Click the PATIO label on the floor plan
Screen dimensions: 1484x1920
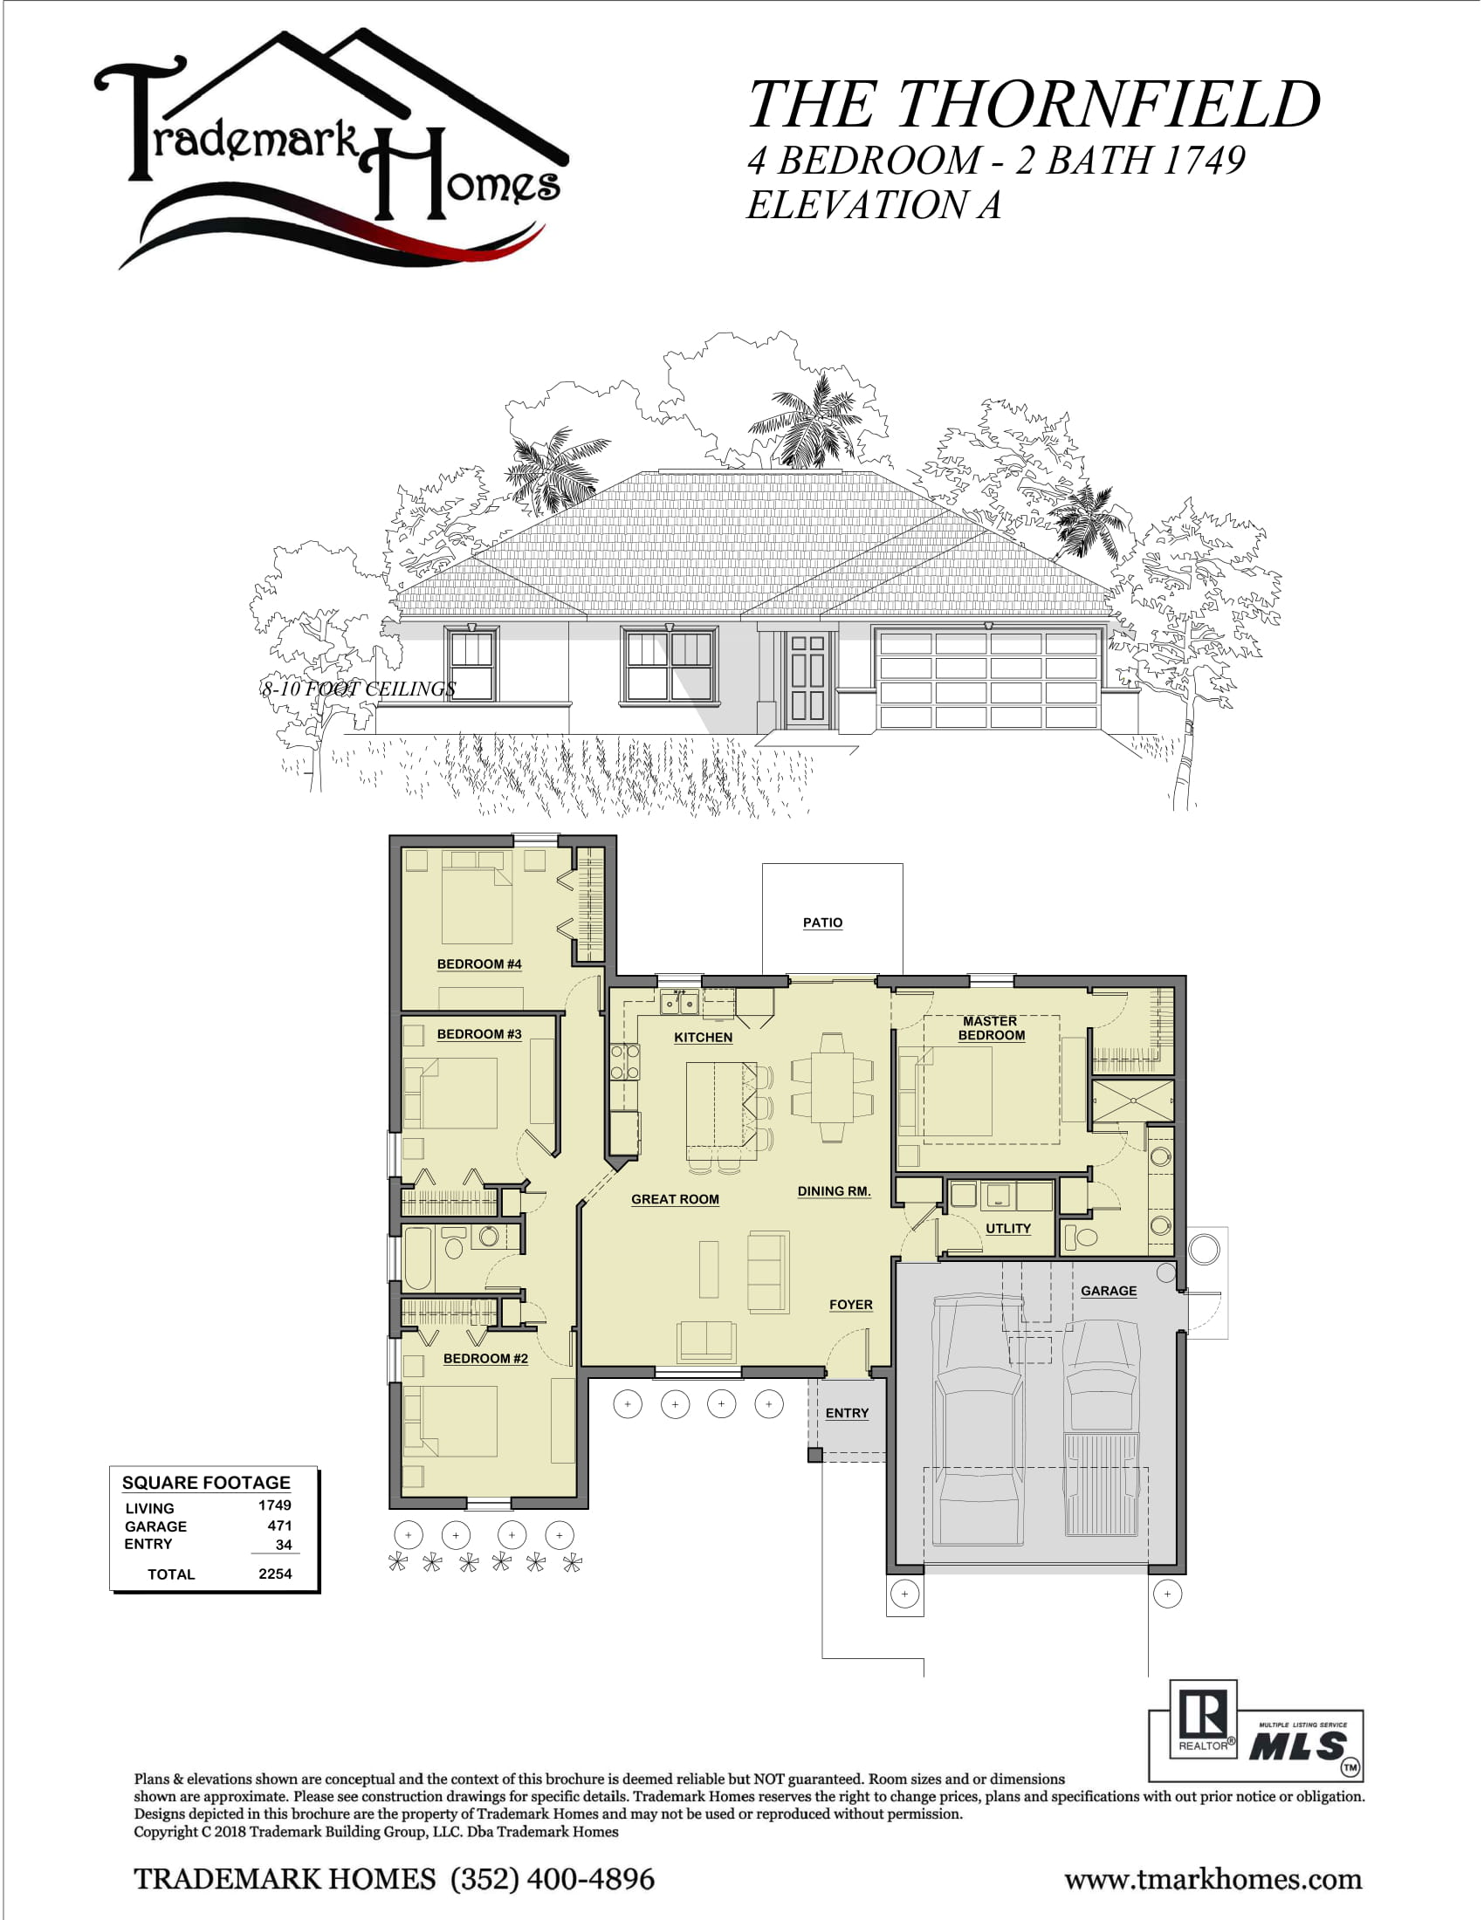[x=822, y=922]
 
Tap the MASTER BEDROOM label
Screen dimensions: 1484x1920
[x=991, y=1028]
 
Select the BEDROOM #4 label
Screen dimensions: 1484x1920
[x=479, y=963]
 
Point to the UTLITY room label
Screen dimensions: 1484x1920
[x=1007, y=1228]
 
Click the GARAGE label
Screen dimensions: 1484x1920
[x=1109, y=1291]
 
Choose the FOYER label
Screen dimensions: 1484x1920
[x=851, y=1305]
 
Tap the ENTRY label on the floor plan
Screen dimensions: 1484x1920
[x=847, y=1413]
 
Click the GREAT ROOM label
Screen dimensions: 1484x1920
[x=675, y=1199]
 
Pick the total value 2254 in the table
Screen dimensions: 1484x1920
[x=275, y=1574]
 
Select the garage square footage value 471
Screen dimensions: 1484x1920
[x=279, y=1526]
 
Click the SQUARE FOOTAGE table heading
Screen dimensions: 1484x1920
[x=206, y=1482]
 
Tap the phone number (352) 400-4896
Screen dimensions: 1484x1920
[x=553, y=1879]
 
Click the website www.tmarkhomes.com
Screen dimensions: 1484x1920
[x=1213, y=1880]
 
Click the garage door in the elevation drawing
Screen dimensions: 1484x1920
[x=988, y=679]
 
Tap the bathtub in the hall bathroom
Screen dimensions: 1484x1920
[x=417, y=1258]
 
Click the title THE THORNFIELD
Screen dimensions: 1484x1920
[x=1034, y=104]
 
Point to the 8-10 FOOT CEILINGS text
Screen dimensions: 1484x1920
[x=359, y=689]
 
